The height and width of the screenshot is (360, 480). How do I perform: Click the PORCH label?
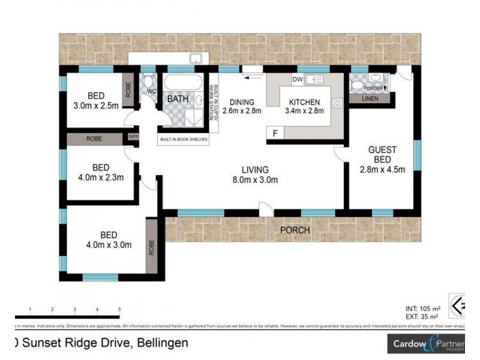point(295,230)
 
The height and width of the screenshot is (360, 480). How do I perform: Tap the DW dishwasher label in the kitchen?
point(297,79)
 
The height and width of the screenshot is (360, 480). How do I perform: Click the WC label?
point(151,91)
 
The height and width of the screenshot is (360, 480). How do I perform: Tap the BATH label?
point(178,98)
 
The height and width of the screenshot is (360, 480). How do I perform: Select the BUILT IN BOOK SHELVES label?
point(183,139)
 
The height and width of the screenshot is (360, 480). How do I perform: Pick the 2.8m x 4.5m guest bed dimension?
point(383,170)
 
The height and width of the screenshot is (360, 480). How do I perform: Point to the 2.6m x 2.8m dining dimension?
point(242,111)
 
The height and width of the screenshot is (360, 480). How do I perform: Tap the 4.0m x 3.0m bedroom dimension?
point(109,245)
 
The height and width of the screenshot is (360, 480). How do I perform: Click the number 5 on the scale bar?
point(119,309)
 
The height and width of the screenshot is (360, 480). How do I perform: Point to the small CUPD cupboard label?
point(133,138)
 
